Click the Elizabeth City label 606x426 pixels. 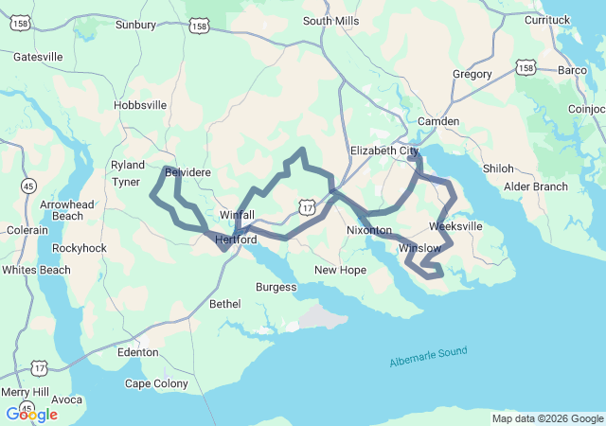384,151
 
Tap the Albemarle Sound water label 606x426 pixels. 428,357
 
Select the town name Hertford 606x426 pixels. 237,240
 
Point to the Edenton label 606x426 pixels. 138,352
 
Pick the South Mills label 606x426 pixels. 331,21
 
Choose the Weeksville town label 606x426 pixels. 455,226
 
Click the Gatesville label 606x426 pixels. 38,57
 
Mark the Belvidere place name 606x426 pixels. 187,172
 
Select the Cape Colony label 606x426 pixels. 156,383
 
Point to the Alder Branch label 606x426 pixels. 535,186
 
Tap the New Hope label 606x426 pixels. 340,270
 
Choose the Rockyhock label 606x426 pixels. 80,248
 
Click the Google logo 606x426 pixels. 31,415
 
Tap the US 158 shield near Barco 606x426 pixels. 526,67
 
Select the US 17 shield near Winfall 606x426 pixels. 305,206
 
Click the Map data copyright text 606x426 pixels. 547,418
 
